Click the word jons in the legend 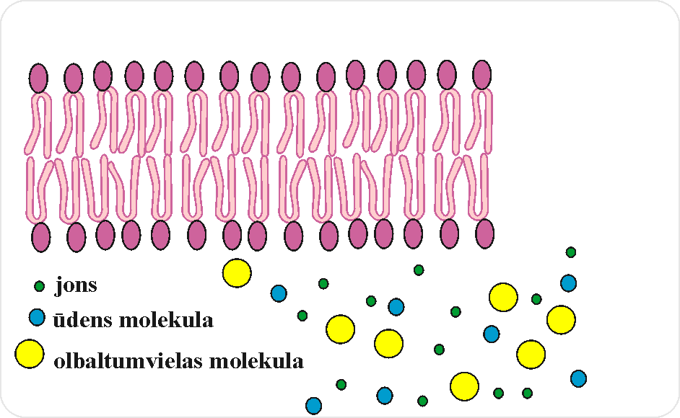(x=76, y=286)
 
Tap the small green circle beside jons (x=40, y=286)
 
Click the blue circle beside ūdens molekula (x=38, y=317)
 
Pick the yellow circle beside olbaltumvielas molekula (x=30, y=352)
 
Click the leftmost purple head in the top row (x=38, y=77)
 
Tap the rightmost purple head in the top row (x=482, y=75)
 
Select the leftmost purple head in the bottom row (x=41, y=237)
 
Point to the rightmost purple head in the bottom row (x=485, y=234)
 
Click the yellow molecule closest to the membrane (x=237, y=273)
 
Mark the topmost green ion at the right (x=571, y=252)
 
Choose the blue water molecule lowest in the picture (x=313, y=406)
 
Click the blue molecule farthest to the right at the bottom (x=578, y=378)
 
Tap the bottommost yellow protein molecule (x=464, y=386)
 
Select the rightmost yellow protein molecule (x=561, y=319)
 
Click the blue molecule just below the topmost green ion (x=569, y=283)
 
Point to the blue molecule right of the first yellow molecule (x=279, y=293)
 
